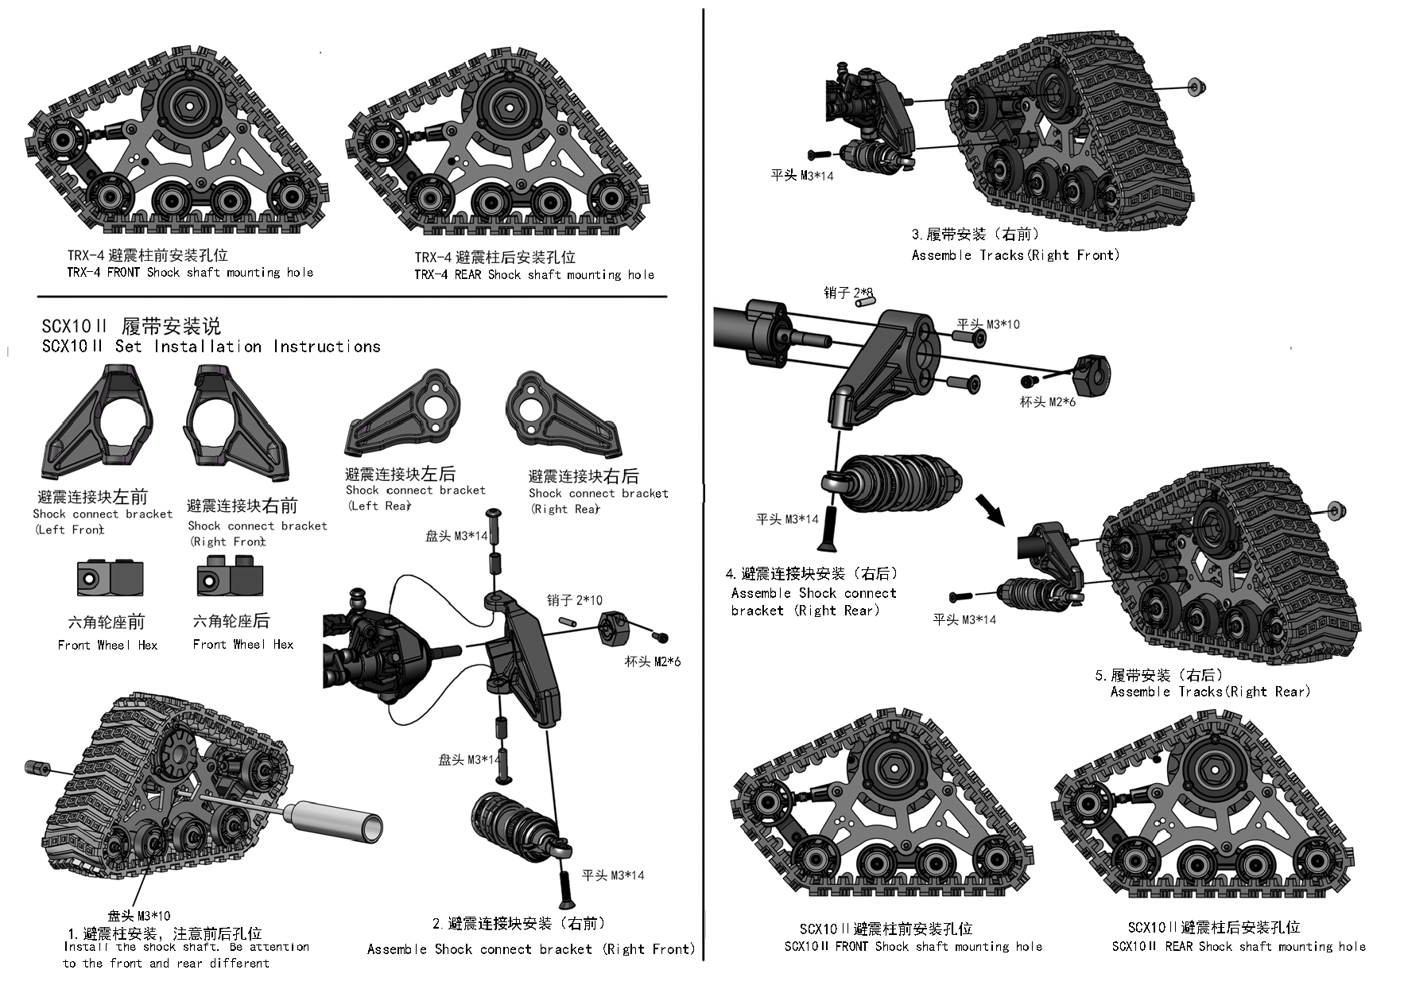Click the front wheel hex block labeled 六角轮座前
(x=110, y=578)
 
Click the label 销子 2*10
(x=574, y=600)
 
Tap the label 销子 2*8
(x=849, y=293)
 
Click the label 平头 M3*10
(x=987, y=324)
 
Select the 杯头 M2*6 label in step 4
(x=1047, y=402)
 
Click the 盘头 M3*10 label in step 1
(x=138, y=915)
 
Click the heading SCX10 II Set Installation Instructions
(x=211, y=347)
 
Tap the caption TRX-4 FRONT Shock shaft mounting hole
(x=190, y=273)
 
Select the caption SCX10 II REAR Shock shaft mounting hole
(x=1238, y=946)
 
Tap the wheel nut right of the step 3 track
(x=1197, y=87)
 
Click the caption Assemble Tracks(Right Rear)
(x=1210, y=692)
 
